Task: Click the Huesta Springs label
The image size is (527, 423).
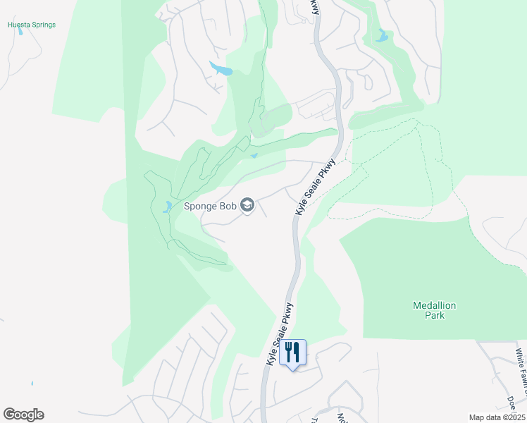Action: click(31, 25)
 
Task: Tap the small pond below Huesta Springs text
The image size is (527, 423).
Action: click(20, 32)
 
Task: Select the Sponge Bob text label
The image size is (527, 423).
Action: click(209, 207)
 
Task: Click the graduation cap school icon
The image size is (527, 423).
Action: click(247, 206)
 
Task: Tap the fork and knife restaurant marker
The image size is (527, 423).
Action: click(292, 352)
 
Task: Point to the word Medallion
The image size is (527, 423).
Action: click(434, 305)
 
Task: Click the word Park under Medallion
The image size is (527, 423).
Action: click(434, 316)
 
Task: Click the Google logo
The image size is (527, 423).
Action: click(23, 414)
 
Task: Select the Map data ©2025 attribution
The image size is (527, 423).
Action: click(496, 417)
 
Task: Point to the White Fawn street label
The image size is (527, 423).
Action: click(519, 367)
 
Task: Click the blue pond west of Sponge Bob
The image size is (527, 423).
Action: click(168, 207)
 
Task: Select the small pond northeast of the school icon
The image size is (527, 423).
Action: click(254, 156)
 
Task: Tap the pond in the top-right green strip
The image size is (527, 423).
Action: click(382, 36)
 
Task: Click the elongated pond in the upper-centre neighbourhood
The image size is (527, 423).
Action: click(221, 69)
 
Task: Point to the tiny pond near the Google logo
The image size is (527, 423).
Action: click(32, 384)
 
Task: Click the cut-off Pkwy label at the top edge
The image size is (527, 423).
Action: click(315, 7)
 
